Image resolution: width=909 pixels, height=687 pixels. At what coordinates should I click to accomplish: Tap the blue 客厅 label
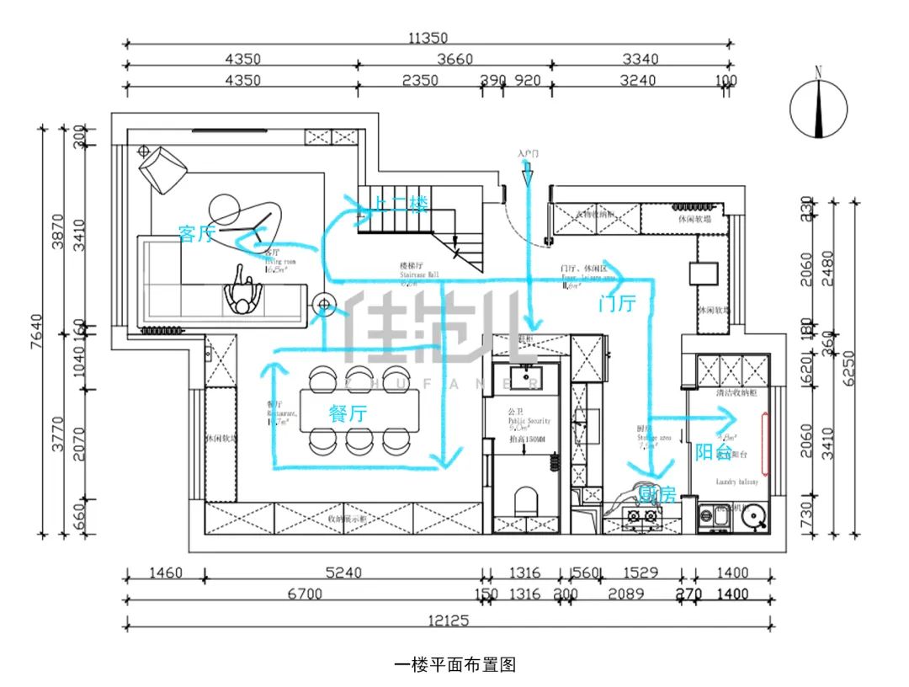pyautogui.click(x=196, y=233)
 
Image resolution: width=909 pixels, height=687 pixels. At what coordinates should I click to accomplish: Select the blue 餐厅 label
pyautogui.click(x=347, y=413)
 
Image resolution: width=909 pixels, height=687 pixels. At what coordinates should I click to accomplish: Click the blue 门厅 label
pyautogui.click(x=617, y=304)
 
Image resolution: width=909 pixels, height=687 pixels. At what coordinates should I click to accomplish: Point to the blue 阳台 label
pyautogui.click(x=713, y=451)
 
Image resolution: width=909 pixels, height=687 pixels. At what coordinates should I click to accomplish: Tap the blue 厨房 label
pyautogui.click(x=656, y=495)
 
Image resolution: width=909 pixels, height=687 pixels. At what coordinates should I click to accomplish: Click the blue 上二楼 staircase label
pyautogui.click(x=401, y=204)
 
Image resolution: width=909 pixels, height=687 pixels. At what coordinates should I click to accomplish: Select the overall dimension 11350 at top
pyautogui.click(x=428, y=37)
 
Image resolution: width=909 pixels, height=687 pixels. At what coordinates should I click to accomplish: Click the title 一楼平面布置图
pyautogui.click(x=454, y=664)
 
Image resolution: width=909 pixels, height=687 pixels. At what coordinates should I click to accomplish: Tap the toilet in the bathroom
pyautogui.click(x=525, y=500)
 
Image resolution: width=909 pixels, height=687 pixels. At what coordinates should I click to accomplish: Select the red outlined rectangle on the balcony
pyautogui.click(x=765, y=444)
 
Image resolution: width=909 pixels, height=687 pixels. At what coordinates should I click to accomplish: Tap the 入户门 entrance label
pyautogui.click(x=528, y=154)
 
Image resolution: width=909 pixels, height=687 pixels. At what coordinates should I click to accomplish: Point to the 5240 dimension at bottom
pyautogui.click(x=343, y=573)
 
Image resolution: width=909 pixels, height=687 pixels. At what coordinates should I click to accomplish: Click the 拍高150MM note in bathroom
pyautogui.click(x=525, y=439)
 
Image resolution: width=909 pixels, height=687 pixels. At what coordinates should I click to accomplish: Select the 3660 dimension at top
pyautogui.click(x=454, y=59)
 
